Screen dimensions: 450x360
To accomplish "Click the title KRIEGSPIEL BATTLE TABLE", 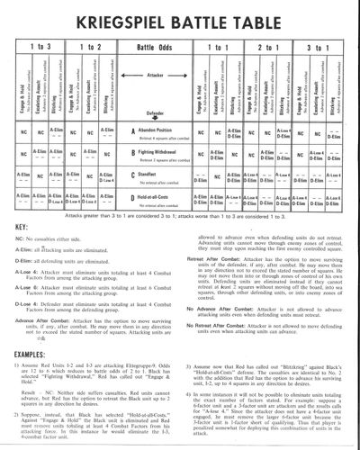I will click(179, 14).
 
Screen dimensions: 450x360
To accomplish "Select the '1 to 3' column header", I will click(40, 45).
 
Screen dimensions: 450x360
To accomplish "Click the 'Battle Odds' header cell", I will click(180, 45).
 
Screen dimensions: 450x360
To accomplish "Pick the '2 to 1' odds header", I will click(269, 45).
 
